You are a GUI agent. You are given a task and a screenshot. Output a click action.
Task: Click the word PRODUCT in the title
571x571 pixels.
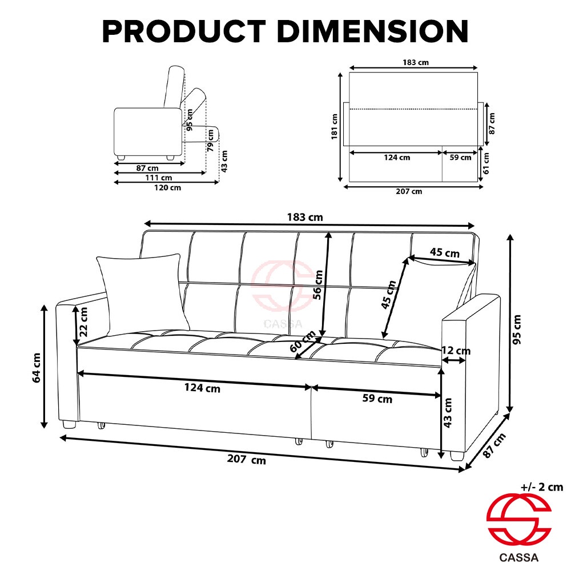pos(184,31)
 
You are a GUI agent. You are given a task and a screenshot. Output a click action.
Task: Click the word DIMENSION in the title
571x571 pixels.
pos(372,31)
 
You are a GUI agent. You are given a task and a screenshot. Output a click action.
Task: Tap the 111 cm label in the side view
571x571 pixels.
pos(159,178)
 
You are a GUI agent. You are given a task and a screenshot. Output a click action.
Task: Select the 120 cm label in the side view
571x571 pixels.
pos(167,187)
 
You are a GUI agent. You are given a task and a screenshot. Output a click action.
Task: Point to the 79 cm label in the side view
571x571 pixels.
pos(211,140)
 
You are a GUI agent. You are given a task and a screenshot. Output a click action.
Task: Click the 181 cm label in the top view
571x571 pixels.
pos(334,127)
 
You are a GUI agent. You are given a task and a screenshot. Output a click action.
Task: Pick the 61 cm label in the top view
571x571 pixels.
pos(486,163)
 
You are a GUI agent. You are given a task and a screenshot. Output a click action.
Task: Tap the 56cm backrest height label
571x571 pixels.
pos(317,285)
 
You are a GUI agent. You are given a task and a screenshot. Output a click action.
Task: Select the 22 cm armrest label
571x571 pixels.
pos(83,322)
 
